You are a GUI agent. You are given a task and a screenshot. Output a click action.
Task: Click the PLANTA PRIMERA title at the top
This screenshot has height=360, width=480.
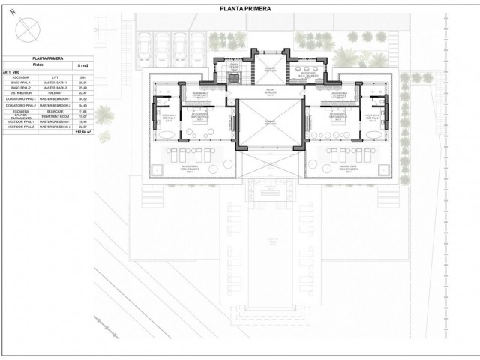click(246, 9)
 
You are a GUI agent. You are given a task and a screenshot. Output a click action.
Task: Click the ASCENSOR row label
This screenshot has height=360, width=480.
click(20, 76)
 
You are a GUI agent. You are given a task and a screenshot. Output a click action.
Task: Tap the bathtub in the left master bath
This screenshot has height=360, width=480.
click(168, 136)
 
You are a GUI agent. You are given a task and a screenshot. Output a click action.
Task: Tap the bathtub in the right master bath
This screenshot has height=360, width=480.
click(375, 136)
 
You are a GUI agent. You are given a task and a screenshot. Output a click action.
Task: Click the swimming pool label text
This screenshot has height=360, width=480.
click(272, 239)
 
